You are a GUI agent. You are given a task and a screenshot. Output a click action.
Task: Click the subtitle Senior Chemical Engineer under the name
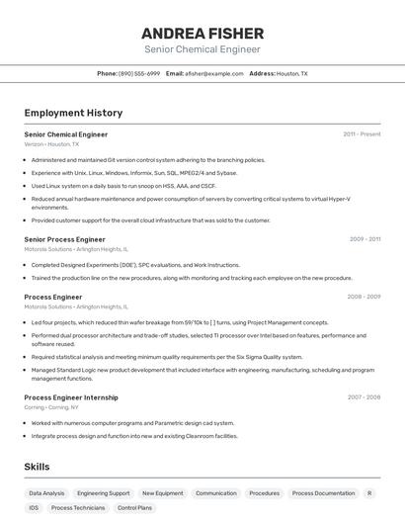[202, 48]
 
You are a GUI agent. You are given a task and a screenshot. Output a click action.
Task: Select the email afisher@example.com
[213, 73]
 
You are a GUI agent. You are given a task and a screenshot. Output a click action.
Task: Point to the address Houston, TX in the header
[292, 73]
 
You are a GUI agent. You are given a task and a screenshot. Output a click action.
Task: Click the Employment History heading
[73, 113]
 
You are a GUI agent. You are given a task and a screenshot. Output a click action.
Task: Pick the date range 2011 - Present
[362, 133]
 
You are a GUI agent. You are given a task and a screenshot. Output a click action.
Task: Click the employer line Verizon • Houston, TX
[51, 144]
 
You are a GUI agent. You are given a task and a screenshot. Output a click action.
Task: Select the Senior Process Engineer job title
[64, 239]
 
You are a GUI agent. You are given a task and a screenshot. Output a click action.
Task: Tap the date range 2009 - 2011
[364, 239]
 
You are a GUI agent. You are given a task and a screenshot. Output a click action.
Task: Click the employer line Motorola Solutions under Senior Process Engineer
[76, 249]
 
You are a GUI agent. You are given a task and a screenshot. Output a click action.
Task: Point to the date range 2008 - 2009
[364, 297]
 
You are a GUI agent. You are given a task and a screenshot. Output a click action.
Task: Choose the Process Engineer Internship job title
[71, 397]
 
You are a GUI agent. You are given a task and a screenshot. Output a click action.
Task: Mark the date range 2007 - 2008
[364, 397]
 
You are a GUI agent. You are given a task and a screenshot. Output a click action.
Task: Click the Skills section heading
[37, 467]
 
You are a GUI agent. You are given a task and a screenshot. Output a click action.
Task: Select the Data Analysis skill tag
[46, 492]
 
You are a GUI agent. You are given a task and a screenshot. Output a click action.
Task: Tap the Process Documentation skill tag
[323, 492]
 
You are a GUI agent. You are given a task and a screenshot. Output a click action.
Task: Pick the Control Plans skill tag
[134, 507]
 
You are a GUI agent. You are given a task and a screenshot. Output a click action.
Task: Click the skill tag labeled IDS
[34, 507]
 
